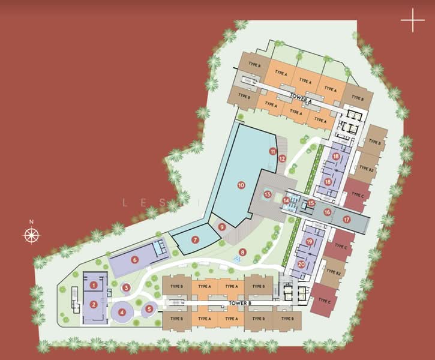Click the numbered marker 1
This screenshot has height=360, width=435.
[94, 284]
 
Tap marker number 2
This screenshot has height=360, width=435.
[94, 304]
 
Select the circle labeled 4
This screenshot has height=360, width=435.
[122, 312]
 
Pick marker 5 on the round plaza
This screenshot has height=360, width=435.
[149, 309]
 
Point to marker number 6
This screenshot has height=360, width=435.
[135, 259]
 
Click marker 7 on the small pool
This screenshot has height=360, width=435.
[195, 239]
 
